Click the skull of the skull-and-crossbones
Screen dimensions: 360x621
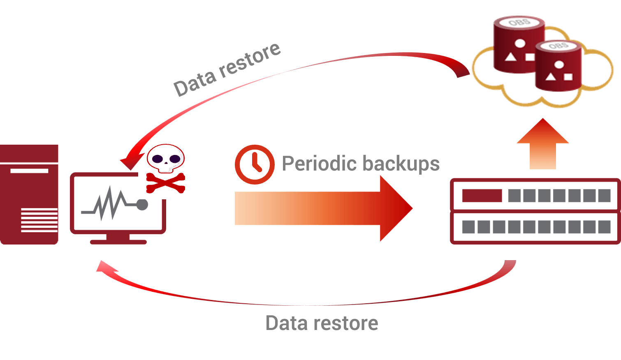166,158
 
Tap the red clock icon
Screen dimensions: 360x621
255,164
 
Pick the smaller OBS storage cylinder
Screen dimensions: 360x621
559,66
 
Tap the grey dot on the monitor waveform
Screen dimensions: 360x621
142,204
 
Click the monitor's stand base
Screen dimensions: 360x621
118,242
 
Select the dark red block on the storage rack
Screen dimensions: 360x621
482,196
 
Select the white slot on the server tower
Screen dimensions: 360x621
29,171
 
